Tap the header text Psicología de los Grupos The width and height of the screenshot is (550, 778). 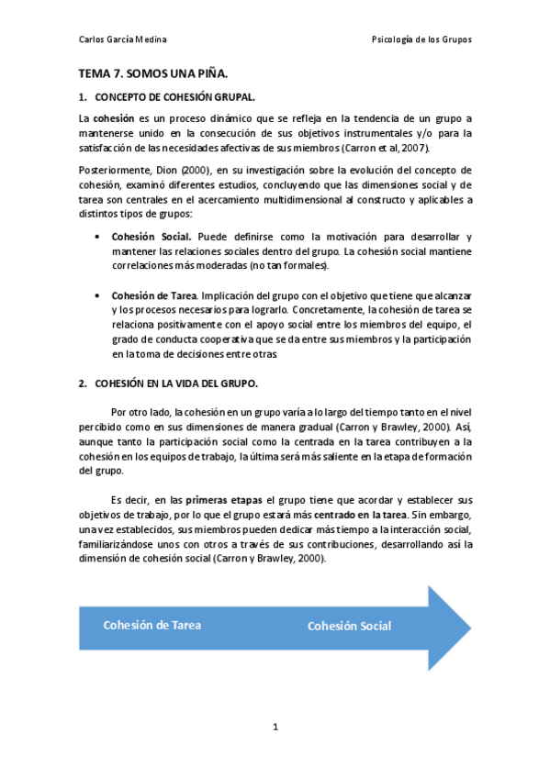(421, 39)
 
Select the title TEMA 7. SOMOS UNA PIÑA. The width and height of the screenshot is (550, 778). (152, 72)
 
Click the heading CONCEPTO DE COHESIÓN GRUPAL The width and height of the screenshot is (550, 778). (175, 96)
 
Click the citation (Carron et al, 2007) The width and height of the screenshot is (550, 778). (384, 148)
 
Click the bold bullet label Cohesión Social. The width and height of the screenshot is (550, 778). (152, 237)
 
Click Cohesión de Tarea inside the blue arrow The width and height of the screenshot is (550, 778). (152, 625)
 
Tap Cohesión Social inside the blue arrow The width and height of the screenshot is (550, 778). (349, 626)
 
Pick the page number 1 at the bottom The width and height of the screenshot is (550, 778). (275, 728)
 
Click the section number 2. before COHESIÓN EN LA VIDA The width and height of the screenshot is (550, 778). (82, 383)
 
